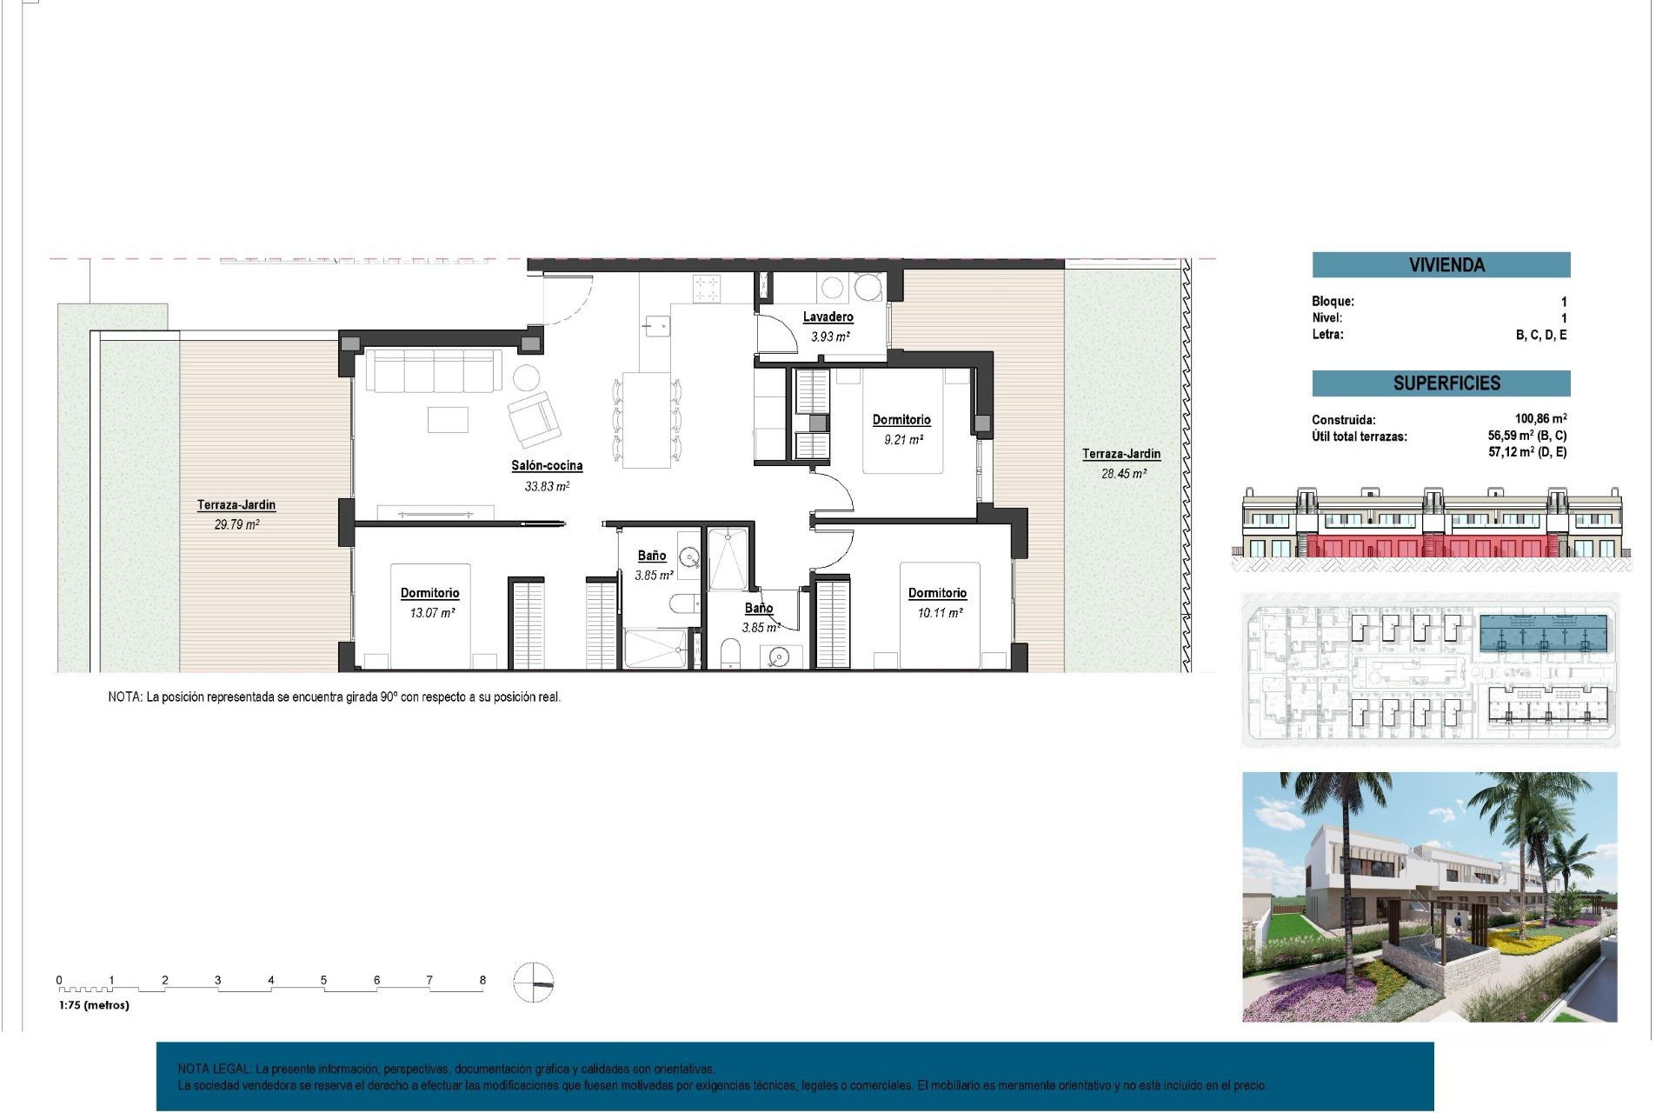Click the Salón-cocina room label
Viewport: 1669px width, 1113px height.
pyautogui.click(x=546, y=466)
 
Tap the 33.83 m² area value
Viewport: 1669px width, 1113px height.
pyautogui.click(x=546, y=487)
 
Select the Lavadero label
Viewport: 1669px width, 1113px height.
pyautogui.click(x=828, y=317)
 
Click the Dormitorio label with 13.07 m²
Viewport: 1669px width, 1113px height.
pyautogui.click(x=429, y=593)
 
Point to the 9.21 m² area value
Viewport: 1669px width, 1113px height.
pyautogui.click(x=903, y=440)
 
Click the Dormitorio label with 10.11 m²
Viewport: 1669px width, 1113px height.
pyautogui.click(x=937, y=593)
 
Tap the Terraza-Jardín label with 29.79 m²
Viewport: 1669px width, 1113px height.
pyautogui.click(x=236, y=505)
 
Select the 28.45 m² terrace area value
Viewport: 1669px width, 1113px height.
pyautogui.click(x=1123, y=474)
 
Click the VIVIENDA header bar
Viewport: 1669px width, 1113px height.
pyautogui.click(x=1440, y=265)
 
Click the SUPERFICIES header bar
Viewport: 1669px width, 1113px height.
pyautogui.click(x=1440, y=383)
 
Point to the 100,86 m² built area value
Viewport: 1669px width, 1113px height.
pyautogui.click(x=1540, y=419)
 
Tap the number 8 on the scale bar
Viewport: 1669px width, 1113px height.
pyautogui.click(x=482, y=980)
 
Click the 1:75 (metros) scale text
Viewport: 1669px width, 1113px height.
pyautogui.click(x=94, y=1005)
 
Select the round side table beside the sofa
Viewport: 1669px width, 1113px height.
pyautogui.click(x=525, y=377)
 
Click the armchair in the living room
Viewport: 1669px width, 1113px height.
pyautogui.click(x=534, y=419)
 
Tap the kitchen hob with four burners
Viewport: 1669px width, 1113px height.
pyautogui.click(x=706, y=288)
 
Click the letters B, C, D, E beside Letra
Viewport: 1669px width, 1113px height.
pyautogui.click(x=1540, y=335)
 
